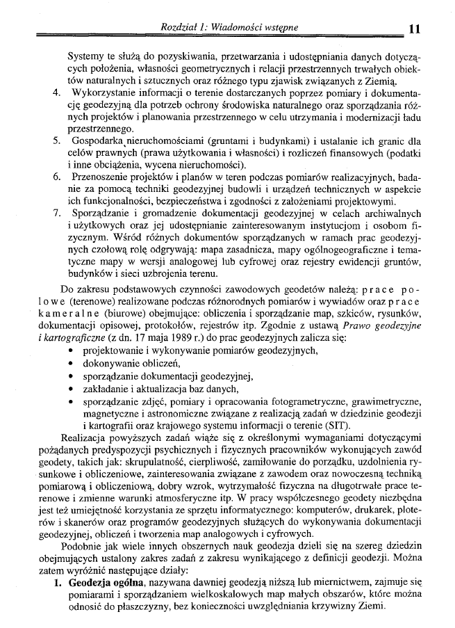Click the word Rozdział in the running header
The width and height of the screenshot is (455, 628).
179,26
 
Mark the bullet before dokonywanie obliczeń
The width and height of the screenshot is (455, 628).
73,364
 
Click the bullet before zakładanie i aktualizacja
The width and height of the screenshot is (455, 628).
73,389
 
